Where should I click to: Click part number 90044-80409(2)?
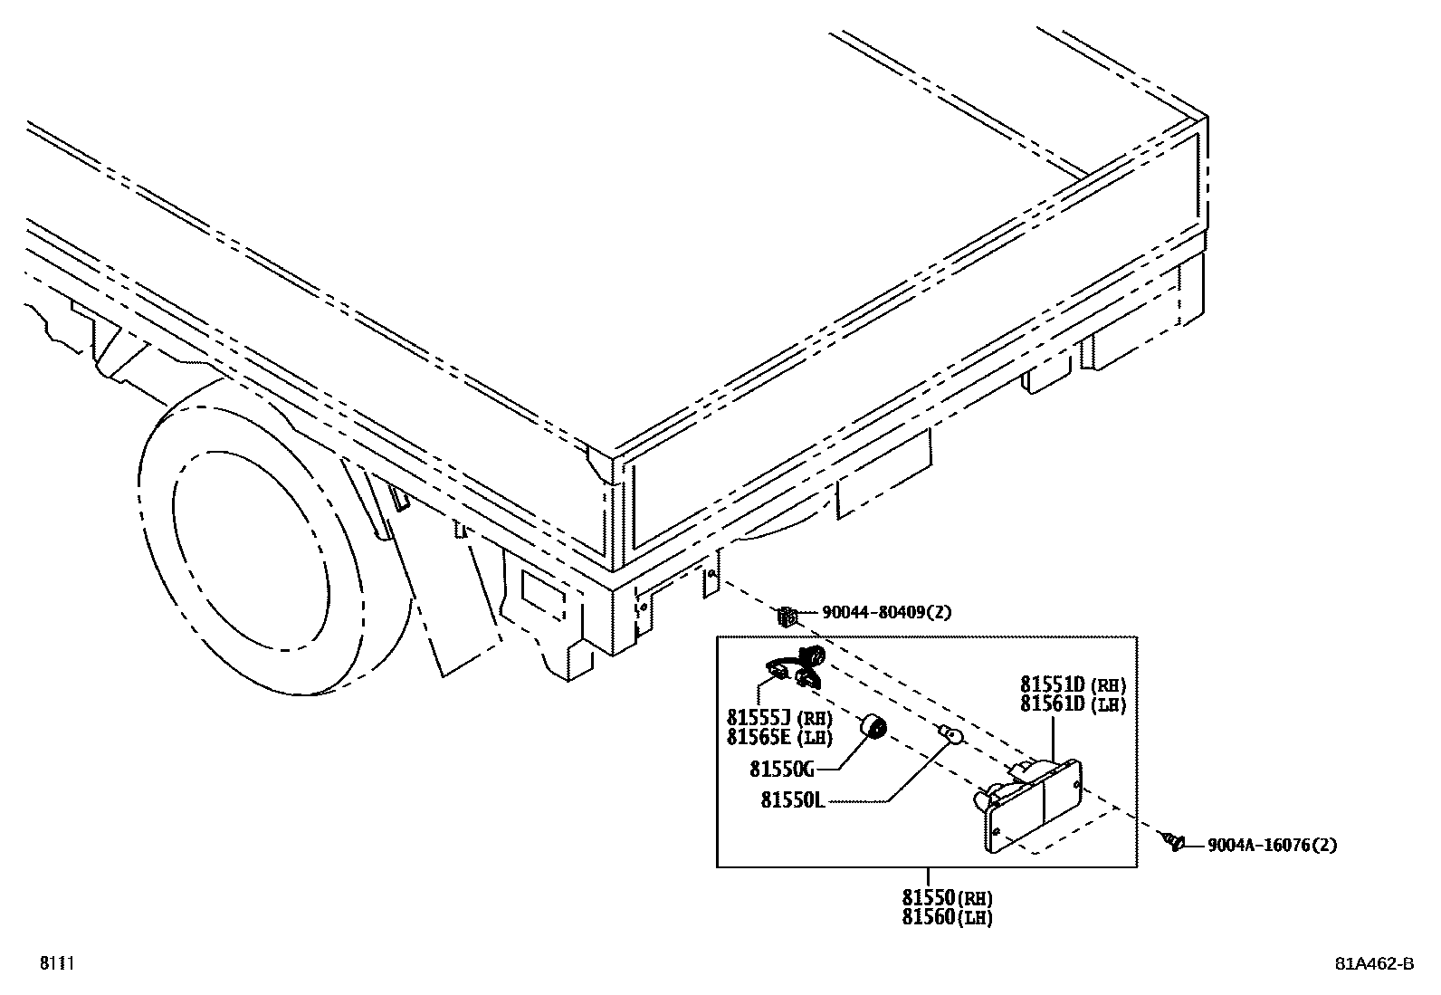[x=886, y=613]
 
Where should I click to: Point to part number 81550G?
[x=782, y=770]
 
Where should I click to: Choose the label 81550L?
[x=793, y=800]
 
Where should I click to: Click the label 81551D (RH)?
[x=1073, y=685]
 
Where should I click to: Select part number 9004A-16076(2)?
[x=1272, y=846]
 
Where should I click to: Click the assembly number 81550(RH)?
[x=947, y=899]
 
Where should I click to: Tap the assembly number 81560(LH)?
[x=947, y=917]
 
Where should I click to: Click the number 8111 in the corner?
[x=55, y=963]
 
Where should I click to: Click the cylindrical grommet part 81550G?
[x=874, y=726]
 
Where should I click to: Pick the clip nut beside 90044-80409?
[x=786, y=617]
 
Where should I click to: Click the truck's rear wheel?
[x=272, y=543]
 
